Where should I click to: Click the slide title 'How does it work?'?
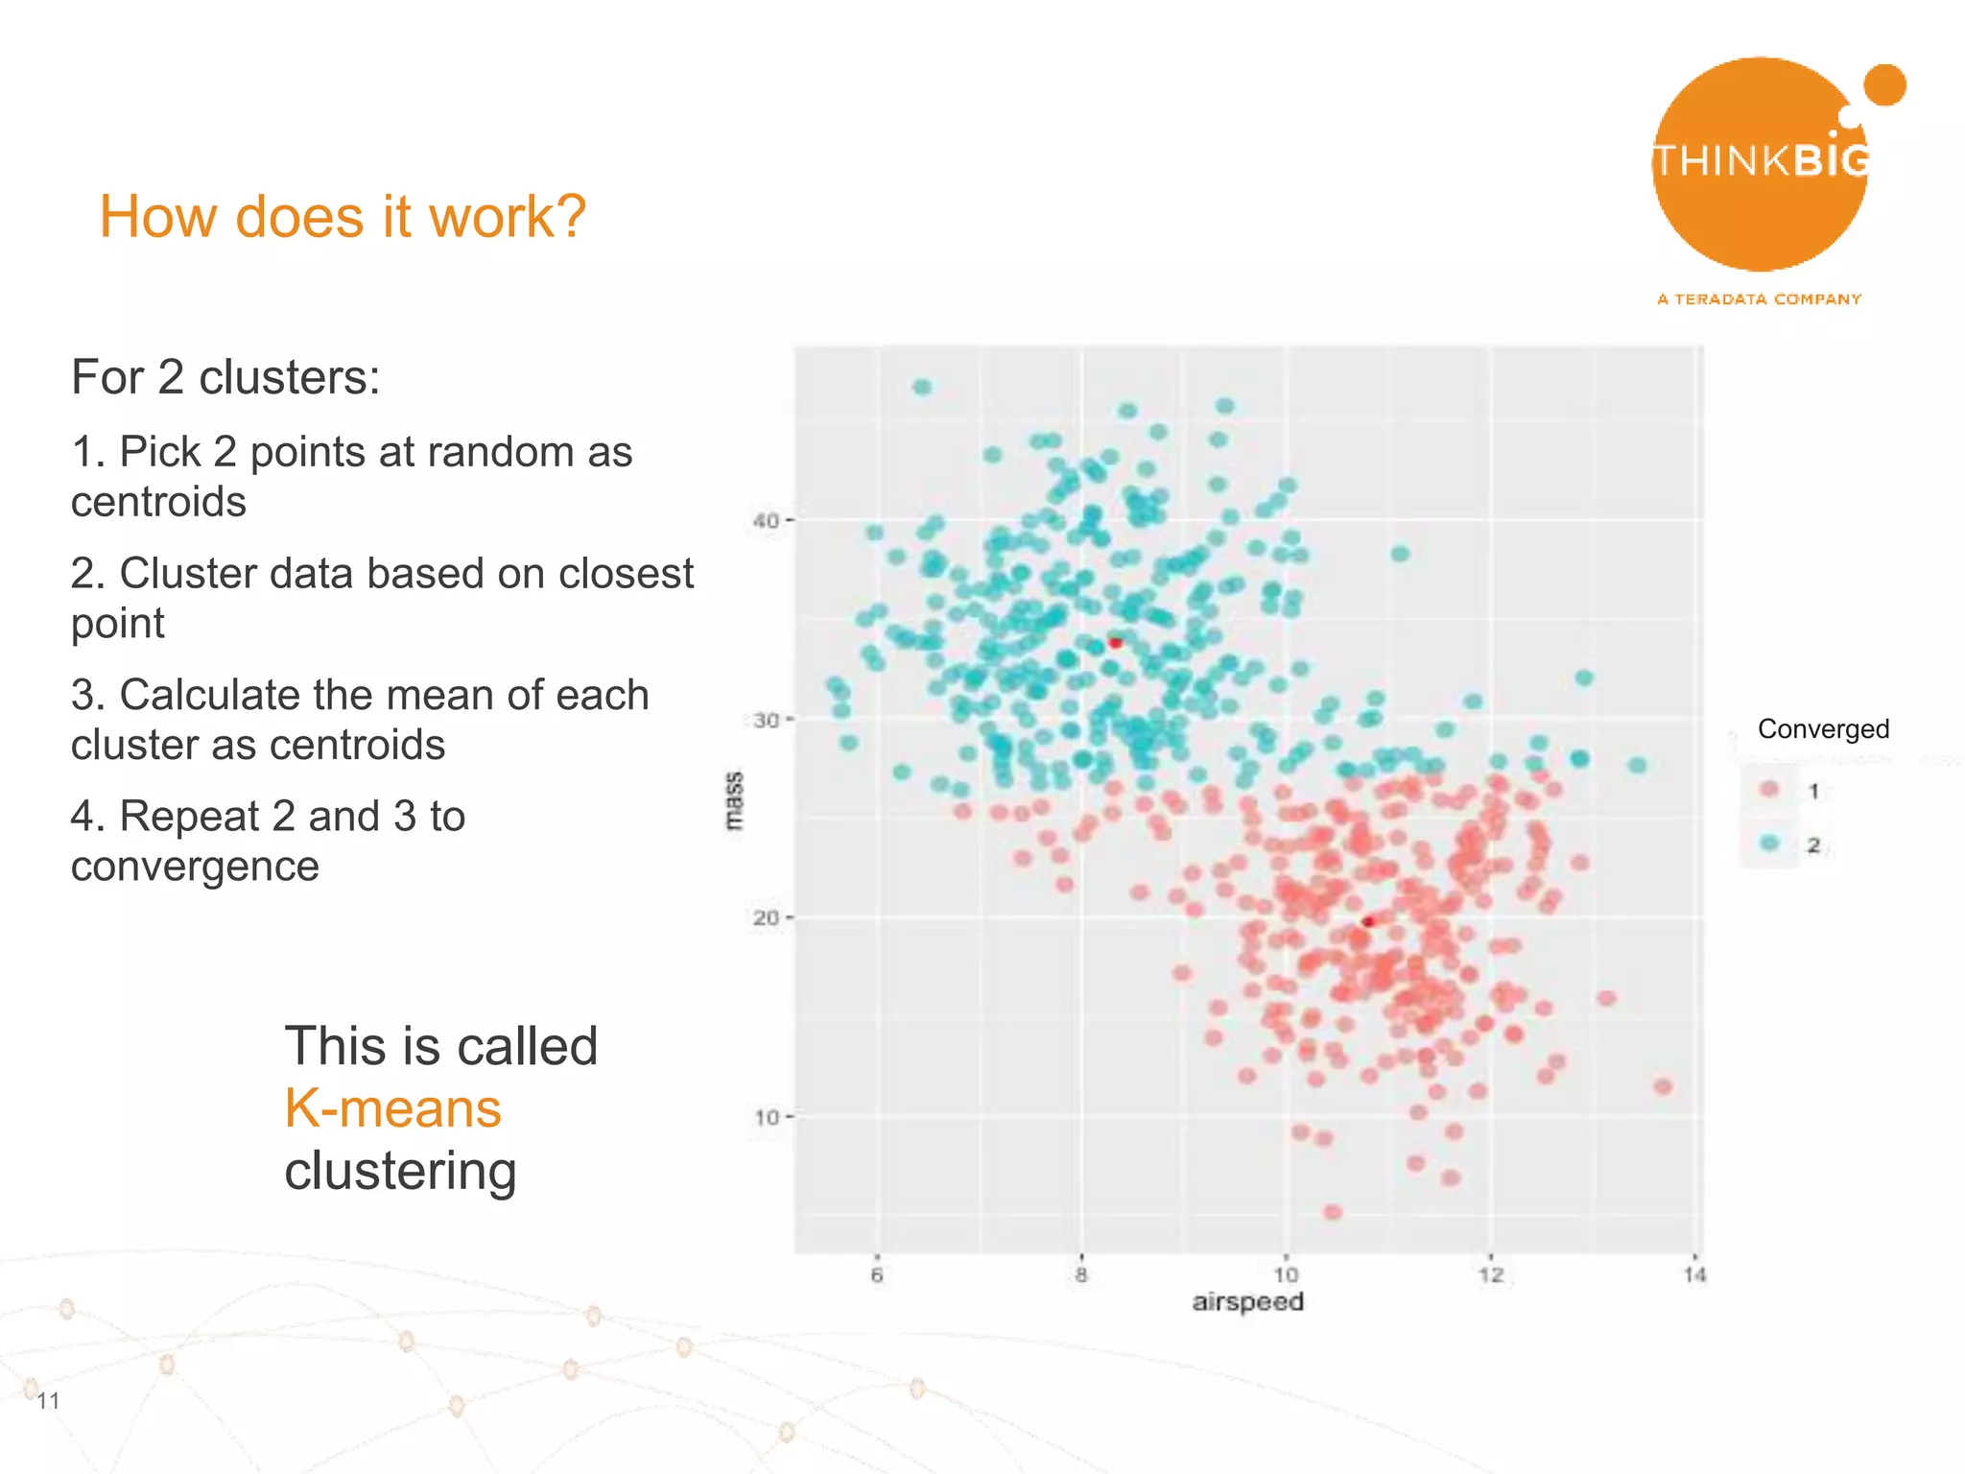click(342, 216)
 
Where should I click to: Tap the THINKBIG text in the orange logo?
click(1761, 160)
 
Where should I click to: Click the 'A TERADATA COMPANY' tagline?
click(1759, 299)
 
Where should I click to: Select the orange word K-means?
click(392, 1108)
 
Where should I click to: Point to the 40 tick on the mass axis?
click(766, 521)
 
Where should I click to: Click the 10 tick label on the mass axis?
click(767, 1117)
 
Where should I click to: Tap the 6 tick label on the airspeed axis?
click(876, 1275)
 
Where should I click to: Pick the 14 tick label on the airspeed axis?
click(1694, 1275)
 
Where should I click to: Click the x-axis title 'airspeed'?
click(1247, 1302)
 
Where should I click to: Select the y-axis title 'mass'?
click(734, 800)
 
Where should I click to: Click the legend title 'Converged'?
click(1823, 729)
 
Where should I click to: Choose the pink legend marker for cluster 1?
click(1770, 790)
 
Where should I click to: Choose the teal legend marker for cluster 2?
click(1770, 844)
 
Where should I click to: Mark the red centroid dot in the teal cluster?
click(1115, 642)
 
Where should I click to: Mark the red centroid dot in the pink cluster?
click(1368, 921)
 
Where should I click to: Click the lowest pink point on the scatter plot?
click(1332, 1212)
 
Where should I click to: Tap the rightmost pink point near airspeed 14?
click(1663, 1086)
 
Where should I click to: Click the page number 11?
click(48, 1401)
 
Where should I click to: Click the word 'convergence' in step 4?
click(195, 867)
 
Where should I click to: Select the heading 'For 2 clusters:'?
click(225, 377)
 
